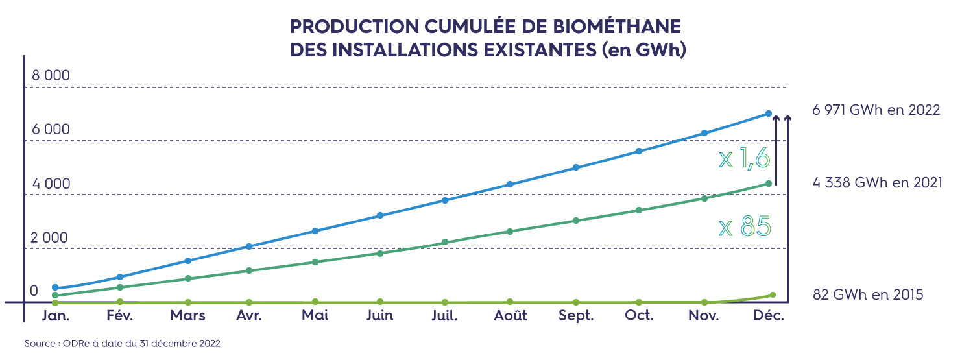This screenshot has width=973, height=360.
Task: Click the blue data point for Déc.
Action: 769,114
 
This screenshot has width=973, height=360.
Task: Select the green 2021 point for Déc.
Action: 769,184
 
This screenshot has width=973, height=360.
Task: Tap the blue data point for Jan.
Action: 55,287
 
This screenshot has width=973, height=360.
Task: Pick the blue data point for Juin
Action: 380,215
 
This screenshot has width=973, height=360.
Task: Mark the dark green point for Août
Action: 510,232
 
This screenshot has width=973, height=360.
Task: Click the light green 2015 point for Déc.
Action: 772,295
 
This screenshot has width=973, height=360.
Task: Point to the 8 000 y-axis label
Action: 51,76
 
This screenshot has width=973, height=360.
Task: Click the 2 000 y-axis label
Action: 49,237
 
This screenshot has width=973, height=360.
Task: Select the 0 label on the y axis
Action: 34,291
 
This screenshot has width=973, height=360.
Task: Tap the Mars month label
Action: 187,316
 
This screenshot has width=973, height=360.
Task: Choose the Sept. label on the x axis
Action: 576,316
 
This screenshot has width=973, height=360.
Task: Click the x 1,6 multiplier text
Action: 744,158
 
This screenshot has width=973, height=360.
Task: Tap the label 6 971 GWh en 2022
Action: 876,110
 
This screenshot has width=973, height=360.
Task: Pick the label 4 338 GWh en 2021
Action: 877,183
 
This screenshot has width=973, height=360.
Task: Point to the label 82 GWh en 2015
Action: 867,295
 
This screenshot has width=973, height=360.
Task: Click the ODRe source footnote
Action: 123,344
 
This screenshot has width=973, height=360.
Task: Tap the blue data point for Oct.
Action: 639,151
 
